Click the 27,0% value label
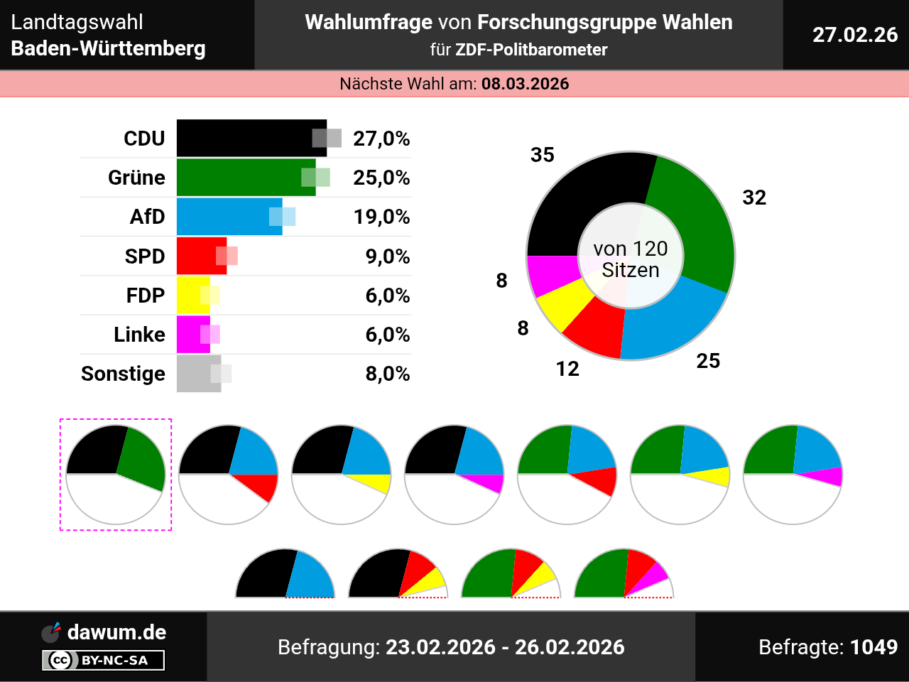[381, 139]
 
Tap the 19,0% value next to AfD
[381, 217]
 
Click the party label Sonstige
[123, 374]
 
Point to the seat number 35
[543, 155]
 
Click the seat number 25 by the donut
[708, 361]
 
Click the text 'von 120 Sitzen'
[631, 259]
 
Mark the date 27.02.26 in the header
[855, 35]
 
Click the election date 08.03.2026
[526, 84]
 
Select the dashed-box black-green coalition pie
[116, 474]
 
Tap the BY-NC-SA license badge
[104, 661]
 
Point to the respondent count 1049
[873, 647]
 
